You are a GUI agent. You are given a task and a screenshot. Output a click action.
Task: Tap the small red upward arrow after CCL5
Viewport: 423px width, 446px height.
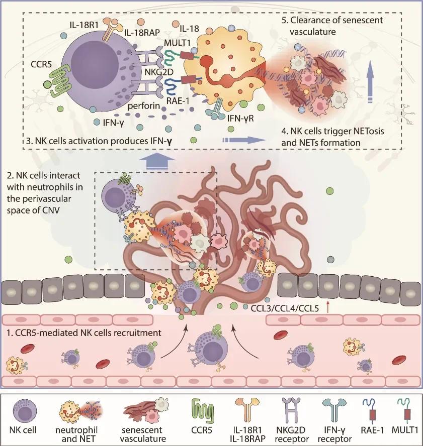point(328,307)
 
